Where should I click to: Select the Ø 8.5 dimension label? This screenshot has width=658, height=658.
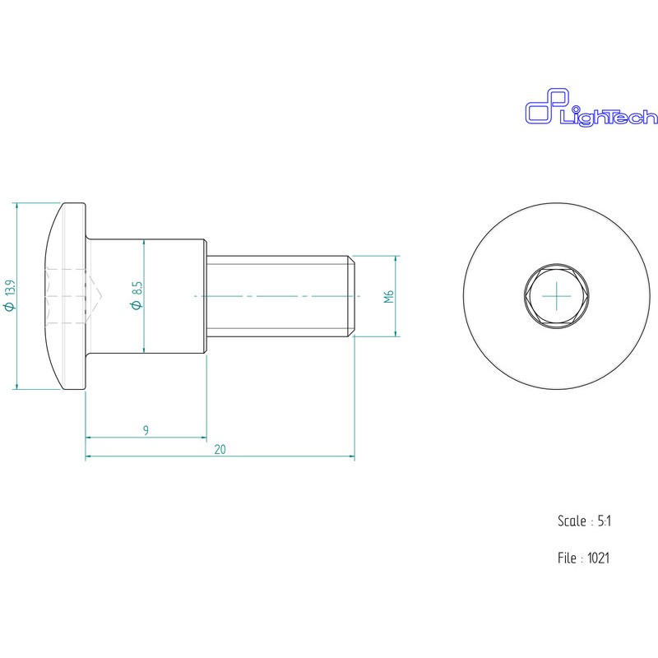tap(137, 295)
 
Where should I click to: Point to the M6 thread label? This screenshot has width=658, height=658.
tap(389, 296)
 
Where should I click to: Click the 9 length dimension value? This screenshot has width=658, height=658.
tap(146, 430)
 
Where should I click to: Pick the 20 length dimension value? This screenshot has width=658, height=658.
tap(220, 449)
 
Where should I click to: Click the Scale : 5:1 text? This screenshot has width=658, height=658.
tap(584, 521)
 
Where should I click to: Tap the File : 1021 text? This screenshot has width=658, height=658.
tap(583, 558)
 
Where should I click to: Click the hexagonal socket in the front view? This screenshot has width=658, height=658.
tap(557, 296)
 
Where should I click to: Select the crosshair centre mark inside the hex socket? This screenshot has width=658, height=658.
tap(557, 296)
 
